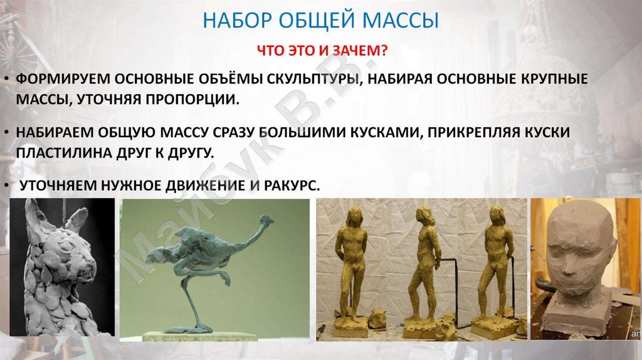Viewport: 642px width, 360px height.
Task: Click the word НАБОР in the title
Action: click(236, 21)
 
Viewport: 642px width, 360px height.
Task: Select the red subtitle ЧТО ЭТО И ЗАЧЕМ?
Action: click(320, 50)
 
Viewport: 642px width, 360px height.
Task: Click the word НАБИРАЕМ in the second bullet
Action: click(59, 134)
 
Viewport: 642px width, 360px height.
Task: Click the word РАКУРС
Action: click(290, 186)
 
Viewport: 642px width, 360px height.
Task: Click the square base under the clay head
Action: click(577, 314)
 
